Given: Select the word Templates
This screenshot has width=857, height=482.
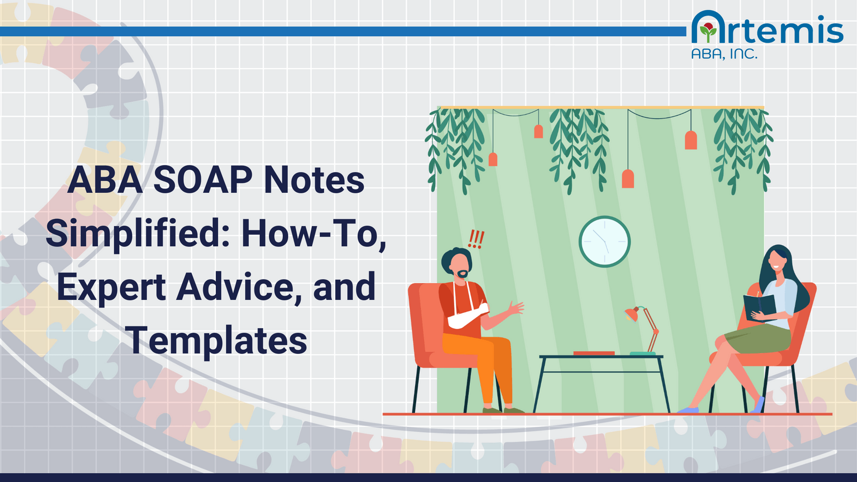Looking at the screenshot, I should click(x=217, y=341).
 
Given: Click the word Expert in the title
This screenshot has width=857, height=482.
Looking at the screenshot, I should click(x=111, y=288).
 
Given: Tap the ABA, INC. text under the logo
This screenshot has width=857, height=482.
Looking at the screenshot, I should click(x=724, y=54).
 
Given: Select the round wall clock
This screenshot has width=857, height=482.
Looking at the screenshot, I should click(x=604, y=242).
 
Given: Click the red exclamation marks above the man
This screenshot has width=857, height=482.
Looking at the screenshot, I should click(x=476, y=239).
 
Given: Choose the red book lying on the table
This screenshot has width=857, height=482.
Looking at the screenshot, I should click(x=593, y=353).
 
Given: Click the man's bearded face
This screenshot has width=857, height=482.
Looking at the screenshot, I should click(x=461, y=266).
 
